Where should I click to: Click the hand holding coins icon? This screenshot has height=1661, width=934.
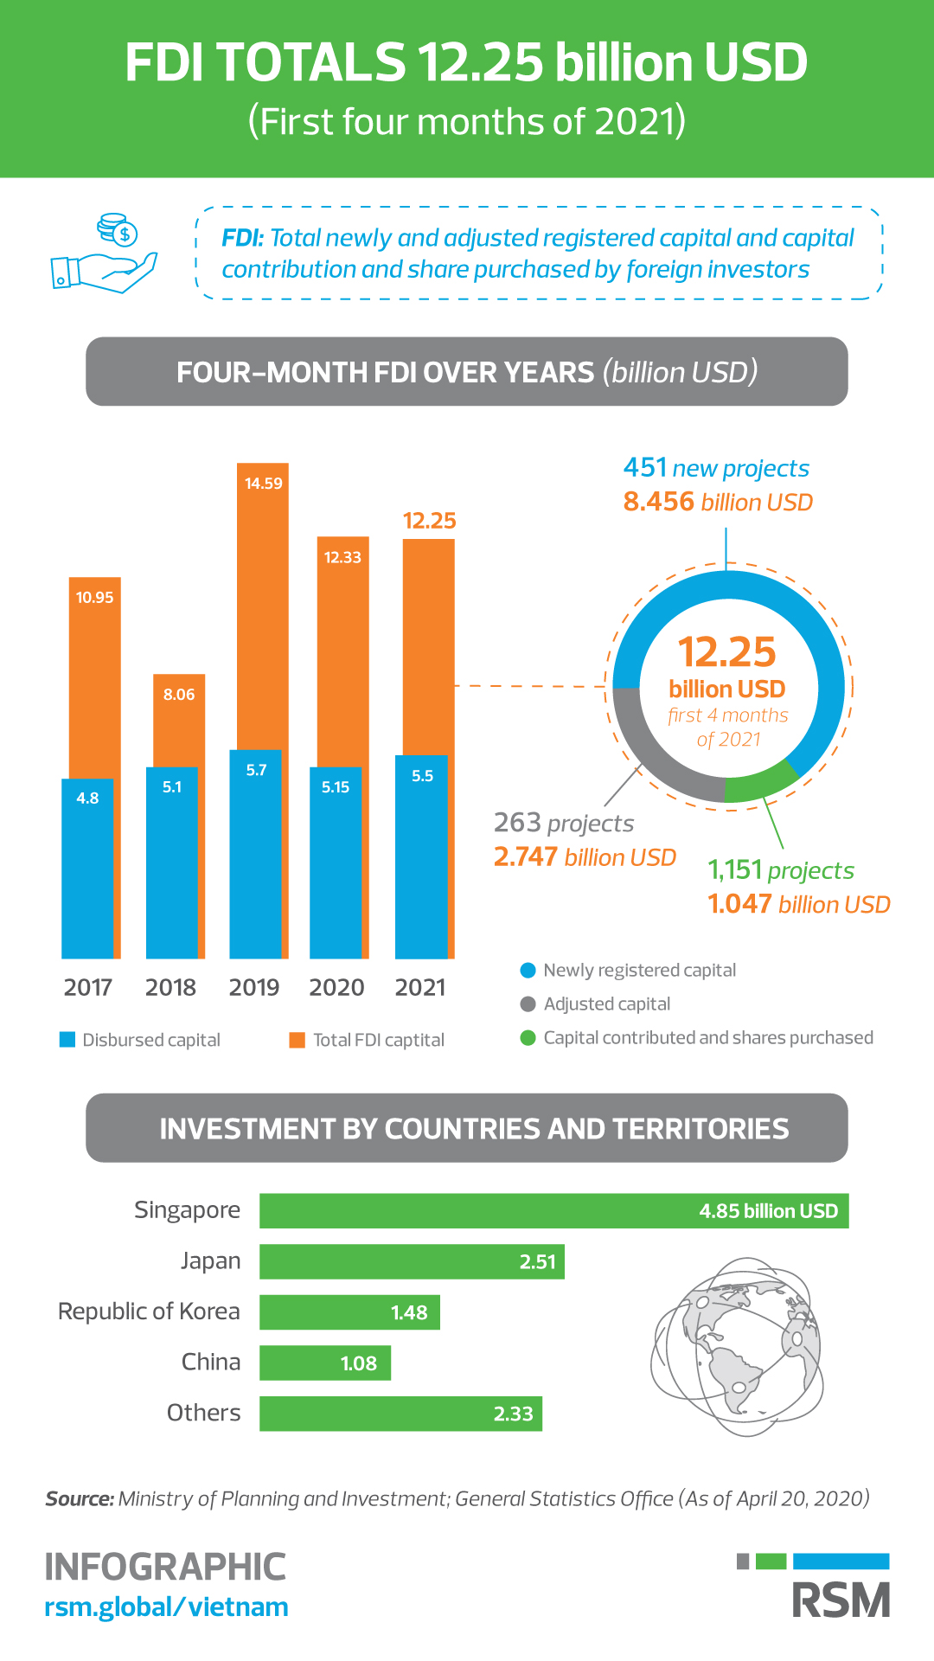pos(104,253)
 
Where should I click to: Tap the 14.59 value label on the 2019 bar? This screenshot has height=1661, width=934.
pos(263,484)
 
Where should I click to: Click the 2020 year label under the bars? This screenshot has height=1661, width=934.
pos(336,987)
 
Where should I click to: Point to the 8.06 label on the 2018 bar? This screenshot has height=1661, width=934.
pos(179,695)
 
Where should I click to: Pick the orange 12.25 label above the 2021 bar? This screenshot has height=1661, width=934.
pos(429,521)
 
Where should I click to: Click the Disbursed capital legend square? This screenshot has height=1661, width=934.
pos(67,1039)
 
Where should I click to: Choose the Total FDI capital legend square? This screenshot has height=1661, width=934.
pos(297,1039)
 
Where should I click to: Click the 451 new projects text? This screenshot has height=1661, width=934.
pos(716,468)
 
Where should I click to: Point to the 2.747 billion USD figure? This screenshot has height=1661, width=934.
pos(585,857)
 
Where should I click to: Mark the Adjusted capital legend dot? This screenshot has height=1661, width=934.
pos(528,1004)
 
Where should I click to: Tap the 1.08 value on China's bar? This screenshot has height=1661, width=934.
pos(359,1363)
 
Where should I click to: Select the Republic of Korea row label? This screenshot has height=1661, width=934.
pos(149,1311)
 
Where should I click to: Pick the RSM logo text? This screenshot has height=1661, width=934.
pos(841,1600)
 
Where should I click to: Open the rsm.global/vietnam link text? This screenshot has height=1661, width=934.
pos(166,1607)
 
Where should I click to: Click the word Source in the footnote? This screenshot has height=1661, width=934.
pos(80,1498)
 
